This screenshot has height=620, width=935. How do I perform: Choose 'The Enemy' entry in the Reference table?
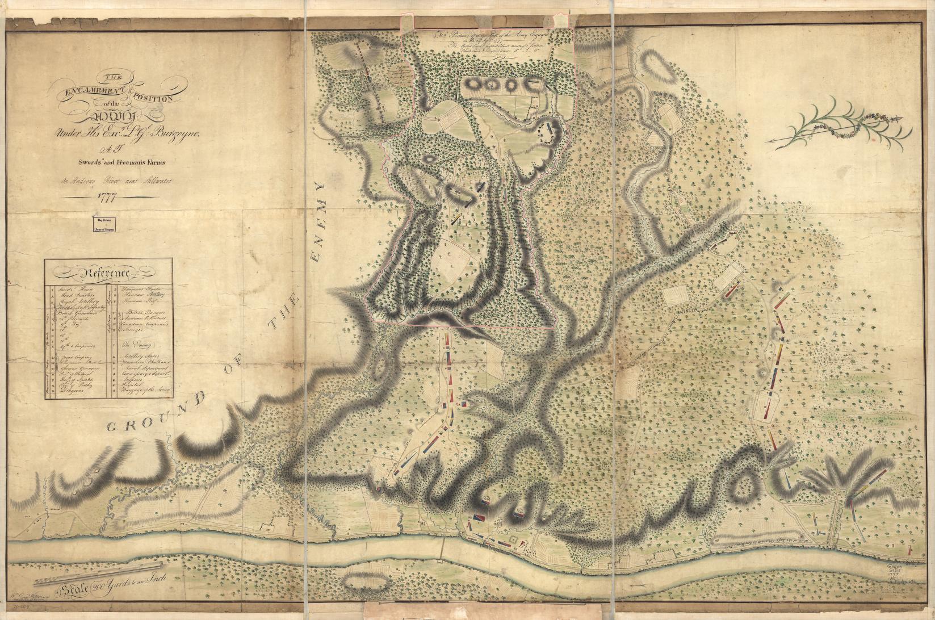pyautogui.click(x=139, y=345)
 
